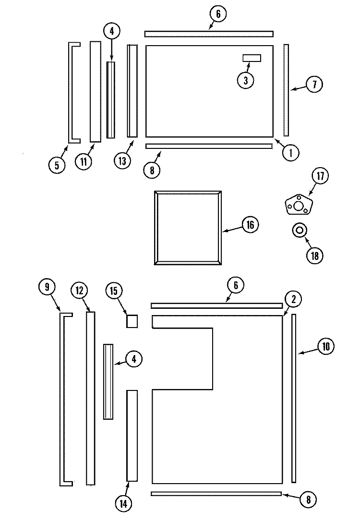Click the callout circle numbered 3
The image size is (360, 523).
click(x=246, y=80)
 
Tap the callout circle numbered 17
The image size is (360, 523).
click(x=320, y=176)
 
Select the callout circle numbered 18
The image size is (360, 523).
click(x=315, y=256)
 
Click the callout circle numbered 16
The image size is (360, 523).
click(x=250, y=225)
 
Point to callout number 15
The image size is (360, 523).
click(x=114, y=291)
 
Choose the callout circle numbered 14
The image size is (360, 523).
click(x=123, y=503)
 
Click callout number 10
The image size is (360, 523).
click(x=325, y=347)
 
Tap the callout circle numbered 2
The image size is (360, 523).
click(x=293, y=299)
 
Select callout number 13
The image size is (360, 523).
click(x=122, y=161)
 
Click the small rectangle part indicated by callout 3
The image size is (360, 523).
click(x=252, y=58)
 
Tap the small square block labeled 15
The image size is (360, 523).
click(x=132, y=321)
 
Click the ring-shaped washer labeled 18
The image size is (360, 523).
click(x=299, y=231)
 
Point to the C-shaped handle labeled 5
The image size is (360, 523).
click(x=70, y=93)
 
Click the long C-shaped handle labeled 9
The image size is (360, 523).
click(x=61, y=399)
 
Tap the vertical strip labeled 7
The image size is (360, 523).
click(x=286, y=90)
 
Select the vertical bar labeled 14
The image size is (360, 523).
click(x=132, y=436)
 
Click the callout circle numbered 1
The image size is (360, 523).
click(x=291, y=153)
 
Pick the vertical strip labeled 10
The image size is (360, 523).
click(x=294, y=398)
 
